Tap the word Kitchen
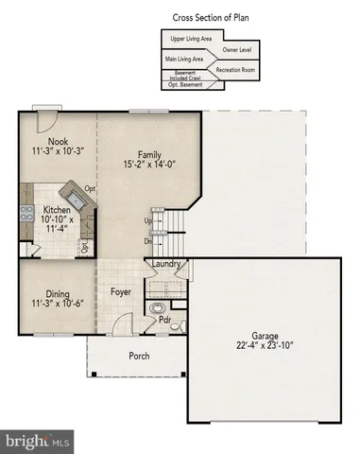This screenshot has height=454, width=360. pos(58,211)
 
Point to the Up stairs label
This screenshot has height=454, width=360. pos(147,220)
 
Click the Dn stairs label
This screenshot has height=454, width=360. pos(147,240)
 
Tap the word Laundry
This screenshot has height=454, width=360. pos(166,266)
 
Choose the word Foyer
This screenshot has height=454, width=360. pos(120,291)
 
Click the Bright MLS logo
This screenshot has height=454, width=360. pos(38,440)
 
